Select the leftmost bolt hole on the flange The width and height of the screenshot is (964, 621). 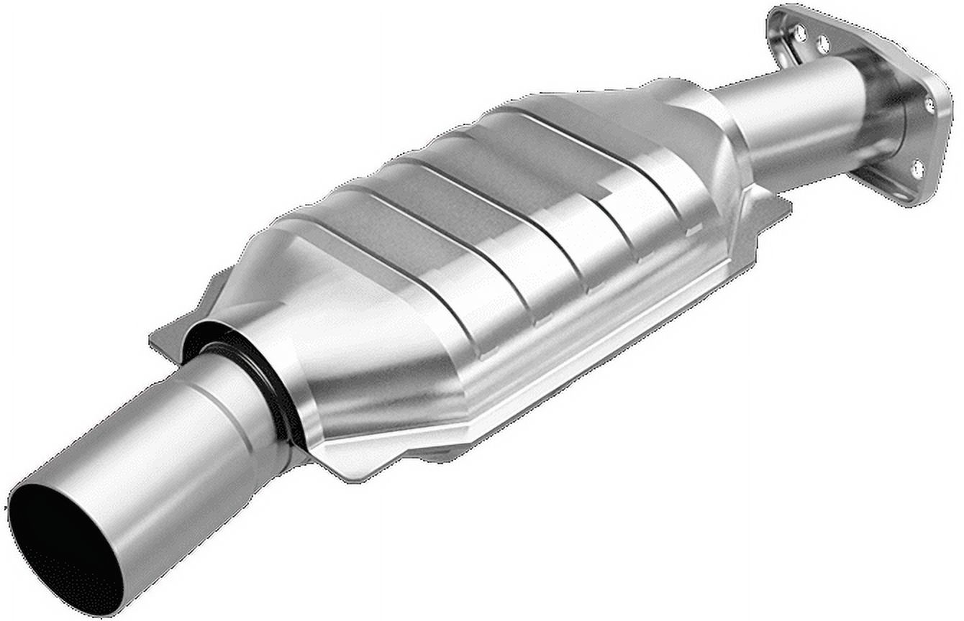point(800,32)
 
